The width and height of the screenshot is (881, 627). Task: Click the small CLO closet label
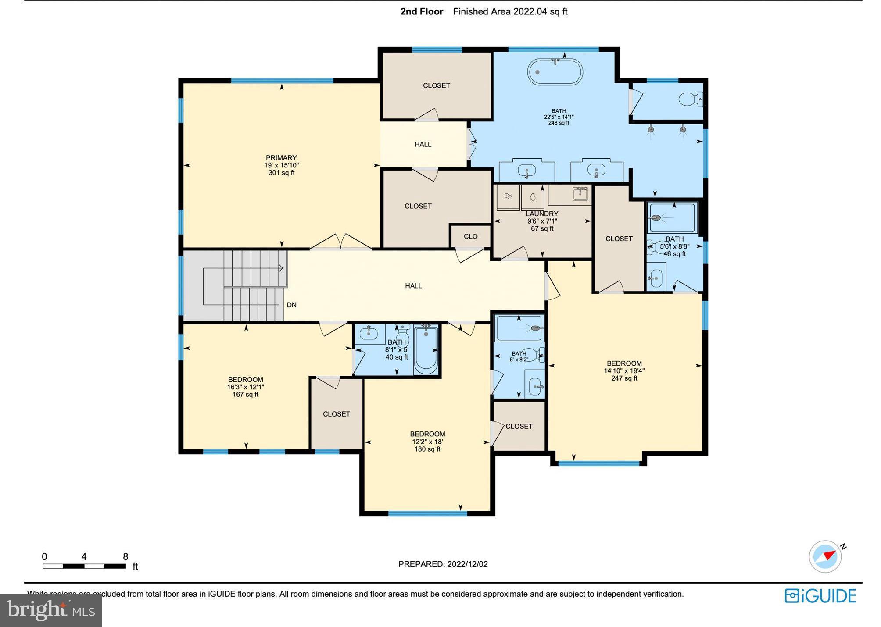(x=470, y=237)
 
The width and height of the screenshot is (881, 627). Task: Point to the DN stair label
(x=291, y=305)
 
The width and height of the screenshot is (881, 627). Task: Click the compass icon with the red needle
(x=825, y=556)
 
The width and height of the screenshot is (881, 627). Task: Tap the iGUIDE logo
(x=820, y=596)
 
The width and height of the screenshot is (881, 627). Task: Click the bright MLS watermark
(x=51, y=610)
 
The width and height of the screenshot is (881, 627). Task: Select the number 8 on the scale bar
(x=125, y=557)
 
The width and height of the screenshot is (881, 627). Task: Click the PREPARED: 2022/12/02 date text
(x=443, y=564)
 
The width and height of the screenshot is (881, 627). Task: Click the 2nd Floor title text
(x=422, y=12)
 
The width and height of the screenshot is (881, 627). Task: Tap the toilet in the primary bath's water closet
(x=690, y=100)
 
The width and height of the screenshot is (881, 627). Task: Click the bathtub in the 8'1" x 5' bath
(x=426, y=349)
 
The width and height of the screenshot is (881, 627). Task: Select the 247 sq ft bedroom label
(x=624, y=370)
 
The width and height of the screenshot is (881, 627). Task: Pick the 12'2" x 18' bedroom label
(x=427, y=442)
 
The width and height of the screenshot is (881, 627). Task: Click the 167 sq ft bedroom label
(x=245, y=387)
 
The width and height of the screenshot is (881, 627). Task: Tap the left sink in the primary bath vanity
(x=526, y=170)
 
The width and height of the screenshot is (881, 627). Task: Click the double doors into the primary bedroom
(x=341, y=242)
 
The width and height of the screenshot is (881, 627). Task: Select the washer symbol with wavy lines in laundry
(x=508, y=197)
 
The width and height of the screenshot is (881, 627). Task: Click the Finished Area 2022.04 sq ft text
(x=510, y=12)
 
